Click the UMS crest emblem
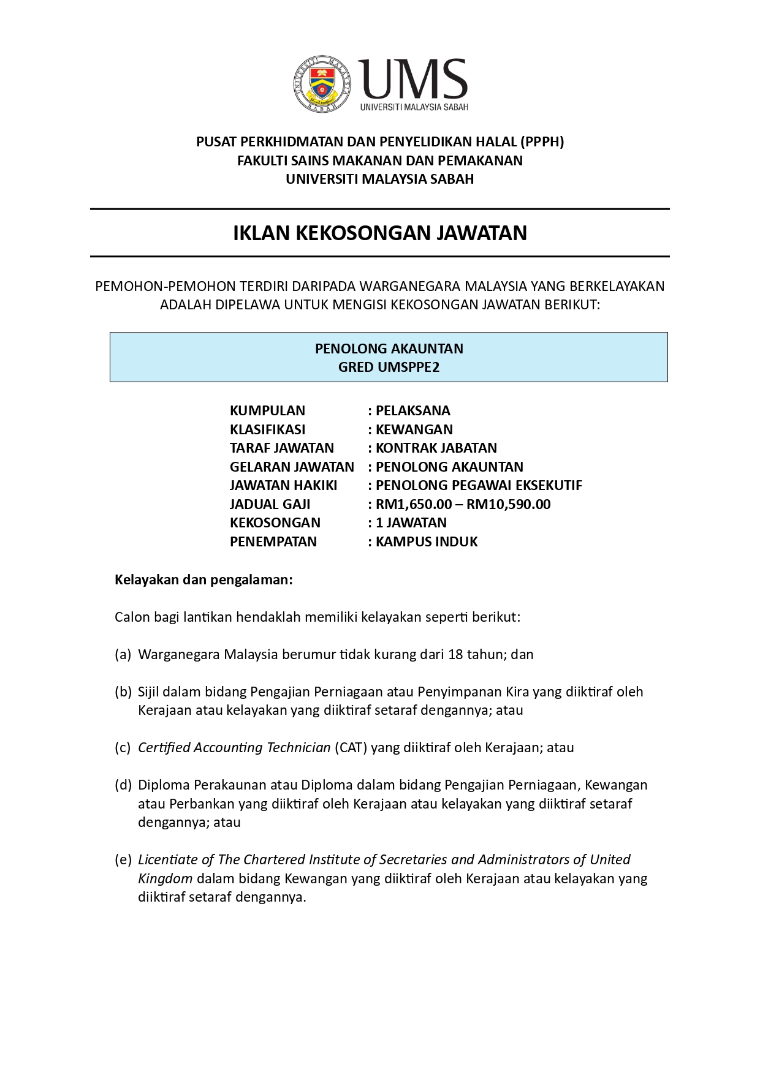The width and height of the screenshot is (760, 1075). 322,85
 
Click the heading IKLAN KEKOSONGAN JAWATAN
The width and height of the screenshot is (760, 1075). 379,233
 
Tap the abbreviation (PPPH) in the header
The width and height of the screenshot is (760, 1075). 542,141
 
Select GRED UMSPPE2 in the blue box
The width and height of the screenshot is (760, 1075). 389,367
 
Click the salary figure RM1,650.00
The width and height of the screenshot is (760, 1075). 414,504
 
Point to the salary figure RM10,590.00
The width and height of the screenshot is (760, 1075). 508,504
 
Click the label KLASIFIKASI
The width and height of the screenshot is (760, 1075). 267,429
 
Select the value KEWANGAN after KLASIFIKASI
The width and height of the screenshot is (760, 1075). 414,429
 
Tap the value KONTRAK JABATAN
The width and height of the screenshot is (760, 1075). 436,448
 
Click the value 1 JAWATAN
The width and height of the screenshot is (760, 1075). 411,522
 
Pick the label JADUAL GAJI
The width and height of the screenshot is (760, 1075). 270,504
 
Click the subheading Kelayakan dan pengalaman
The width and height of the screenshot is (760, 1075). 203,579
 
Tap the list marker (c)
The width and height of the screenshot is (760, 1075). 123,747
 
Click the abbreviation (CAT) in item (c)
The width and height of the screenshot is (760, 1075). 351,747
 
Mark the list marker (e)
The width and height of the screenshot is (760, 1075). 123,859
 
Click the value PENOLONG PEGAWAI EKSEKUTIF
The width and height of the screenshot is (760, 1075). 478,485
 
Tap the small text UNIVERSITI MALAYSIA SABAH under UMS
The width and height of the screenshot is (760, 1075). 414,107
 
